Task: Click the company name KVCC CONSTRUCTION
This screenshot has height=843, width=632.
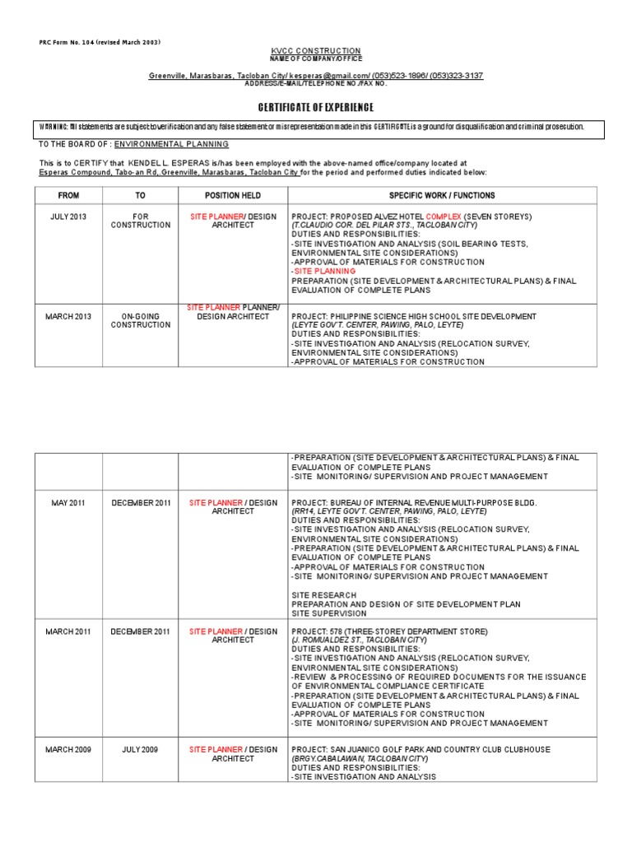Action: click(316, 51)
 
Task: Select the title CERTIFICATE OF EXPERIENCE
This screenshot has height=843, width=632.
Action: click(316, 108)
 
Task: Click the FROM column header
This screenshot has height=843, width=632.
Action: click(68, 195)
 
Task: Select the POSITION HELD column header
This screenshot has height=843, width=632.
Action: click(233, 195)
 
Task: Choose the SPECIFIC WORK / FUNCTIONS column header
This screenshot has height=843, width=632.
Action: click(442, 195)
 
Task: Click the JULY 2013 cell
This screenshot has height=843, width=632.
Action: click(68, 217)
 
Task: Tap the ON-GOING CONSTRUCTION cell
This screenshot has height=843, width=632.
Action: click(140, 320)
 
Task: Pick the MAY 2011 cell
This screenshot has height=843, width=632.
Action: click(68, 502)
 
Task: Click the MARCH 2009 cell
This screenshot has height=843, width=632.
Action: click(68, 750)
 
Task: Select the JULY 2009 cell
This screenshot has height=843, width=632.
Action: click(140, 750)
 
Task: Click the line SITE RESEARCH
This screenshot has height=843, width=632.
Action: click(324, 594)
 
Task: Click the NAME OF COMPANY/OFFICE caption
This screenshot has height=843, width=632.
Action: click(316, 58)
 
